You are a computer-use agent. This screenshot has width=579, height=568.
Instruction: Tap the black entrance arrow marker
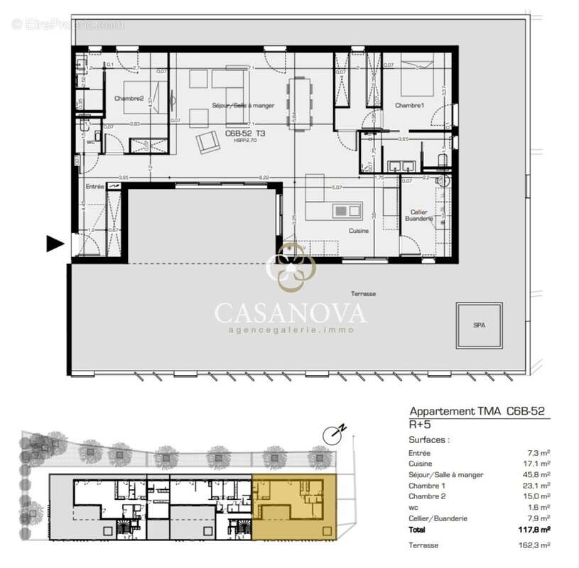click(x=55, y=244)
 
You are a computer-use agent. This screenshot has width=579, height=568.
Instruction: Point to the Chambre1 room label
click(x=410, y=105)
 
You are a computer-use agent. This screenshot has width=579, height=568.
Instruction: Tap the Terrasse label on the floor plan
click(x=363, y=293)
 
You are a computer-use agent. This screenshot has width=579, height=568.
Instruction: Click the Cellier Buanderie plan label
click(x=418, y=216)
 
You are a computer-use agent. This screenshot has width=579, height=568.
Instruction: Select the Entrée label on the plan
click(x=94, y=186)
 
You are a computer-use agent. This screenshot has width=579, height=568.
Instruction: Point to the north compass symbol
click(x=331, y=433)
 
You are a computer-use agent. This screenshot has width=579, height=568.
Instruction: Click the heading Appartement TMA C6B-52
click(x=477, y=410)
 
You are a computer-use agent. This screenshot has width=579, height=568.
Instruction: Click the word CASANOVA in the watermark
click(x=291, y=312)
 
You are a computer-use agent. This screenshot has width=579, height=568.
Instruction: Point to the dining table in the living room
click(x=299, y=104)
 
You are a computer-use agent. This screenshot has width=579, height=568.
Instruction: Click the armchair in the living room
click(x=209, y=142)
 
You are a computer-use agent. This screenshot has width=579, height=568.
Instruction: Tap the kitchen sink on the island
click(x=345, y=210)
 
